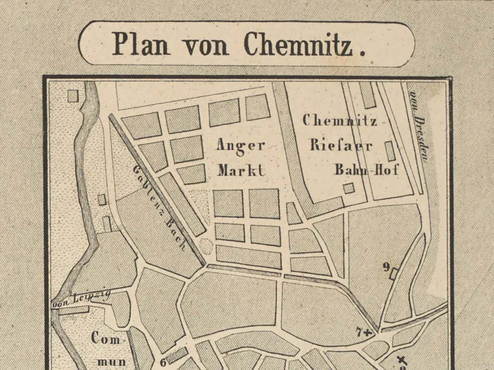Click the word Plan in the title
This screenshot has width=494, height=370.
[x=141, y=44]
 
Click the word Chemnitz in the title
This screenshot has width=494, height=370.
[x=299, y=44]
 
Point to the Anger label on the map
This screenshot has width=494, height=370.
[x=241, y=146]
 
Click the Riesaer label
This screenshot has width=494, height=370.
[x=341, y=145]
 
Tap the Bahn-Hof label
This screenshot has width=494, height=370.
[x=366, y=169]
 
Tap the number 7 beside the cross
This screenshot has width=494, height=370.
[x=359, y=331]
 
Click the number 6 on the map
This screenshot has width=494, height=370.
[x=162, y=362]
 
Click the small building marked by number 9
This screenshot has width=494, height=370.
[x=394, y=274]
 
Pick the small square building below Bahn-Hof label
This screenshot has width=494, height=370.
[x=349, y=188]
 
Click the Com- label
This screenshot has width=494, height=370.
[x=106, y=339]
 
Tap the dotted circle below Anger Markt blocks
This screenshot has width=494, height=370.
[x=206, y=246]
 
